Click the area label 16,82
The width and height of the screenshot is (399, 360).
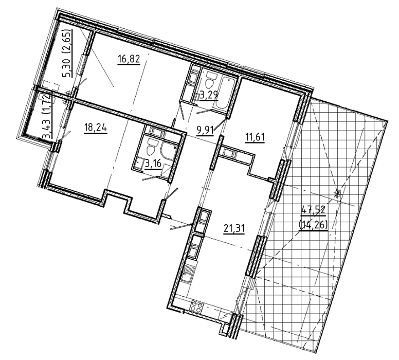point(129,60)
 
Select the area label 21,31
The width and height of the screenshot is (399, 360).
point(234,228)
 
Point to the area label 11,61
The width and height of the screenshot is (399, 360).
point(255,137)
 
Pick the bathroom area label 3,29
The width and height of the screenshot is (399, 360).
point(209,96)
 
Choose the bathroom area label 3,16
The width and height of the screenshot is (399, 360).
point(153,163)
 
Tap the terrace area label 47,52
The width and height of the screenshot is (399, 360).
point(313,211)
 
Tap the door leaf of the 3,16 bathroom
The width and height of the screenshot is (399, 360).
point(151,178)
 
